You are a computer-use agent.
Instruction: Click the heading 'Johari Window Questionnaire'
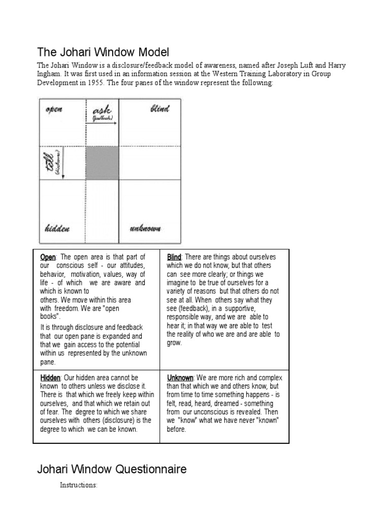[x=112, y=469]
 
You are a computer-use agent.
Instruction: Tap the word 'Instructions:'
[x=78, y=485]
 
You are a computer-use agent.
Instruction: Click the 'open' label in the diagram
[x=54, y=109]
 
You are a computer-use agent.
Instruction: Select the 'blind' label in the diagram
[x=160, y=109]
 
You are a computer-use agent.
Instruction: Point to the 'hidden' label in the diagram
[x=57, y=229]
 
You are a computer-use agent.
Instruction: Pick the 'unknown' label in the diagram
[x=145, y=229]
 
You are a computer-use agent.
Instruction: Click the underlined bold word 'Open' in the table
[x=48, y=257]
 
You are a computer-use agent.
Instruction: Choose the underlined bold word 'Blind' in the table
[x=174, y=257]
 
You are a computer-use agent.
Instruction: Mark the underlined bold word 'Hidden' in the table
[x=50, y=378]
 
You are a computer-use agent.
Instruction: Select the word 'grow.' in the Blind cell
[x=174, y=343]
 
